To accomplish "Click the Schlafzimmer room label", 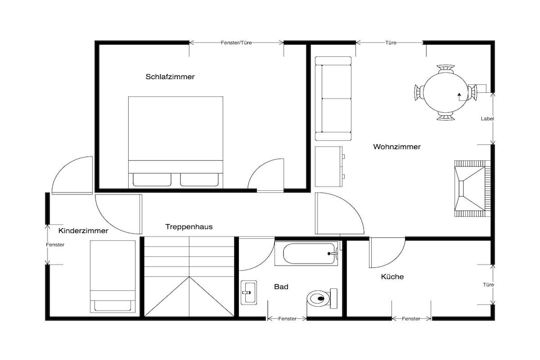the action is click(x=170, y=77).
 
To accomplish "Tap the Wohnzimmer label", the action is click(x=397, y=147).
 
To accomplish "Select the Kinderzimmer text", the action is click(x=83, y=230).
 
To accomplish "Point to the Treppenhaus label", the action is click(x=189, y=227).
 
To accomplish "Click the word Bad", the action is click(x=281, y=287).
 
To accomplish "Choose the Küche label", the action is click(x=392, y=277).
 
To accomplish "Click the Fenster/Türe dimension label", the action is click(x=236, y=43).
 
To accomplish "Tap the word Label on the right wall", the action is click(x=487, y=119).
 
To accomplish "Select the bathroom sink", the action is click(x=248, y=293).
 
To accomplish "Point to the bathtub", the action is click(x=306, y=254).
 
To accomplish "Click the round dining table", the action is click(x=445, y=93).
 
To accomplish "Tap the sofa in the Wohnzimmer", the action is click(x=333, y=99).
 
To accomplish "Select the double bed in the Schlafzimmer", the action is click(x=176, y=142).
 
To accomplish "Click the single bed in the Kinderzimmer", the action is click(x=113, y=276).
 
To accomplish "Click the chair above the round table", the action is click(x=445, y=68).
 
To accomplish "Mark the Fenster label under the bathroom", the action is click(x=287, y=319).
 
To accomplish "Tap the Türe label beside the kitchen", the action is click(x=488, y=285).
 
